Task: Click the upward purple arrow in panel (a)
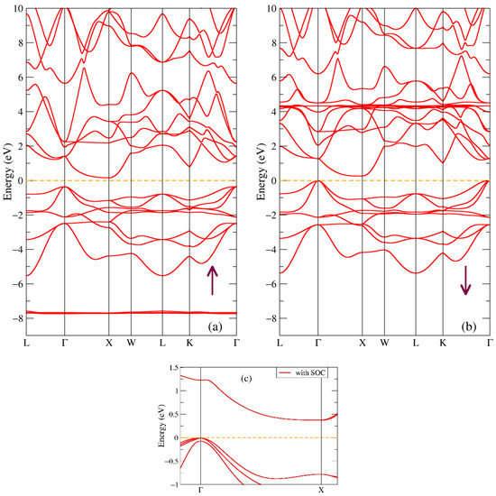(212, 280)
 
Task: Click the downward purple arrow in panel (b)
(465, 280)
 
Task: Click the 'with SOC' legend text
(315, 372)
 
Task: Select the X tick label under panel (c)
(321, 491)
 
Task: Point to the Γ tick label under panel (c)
(199, 491)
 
